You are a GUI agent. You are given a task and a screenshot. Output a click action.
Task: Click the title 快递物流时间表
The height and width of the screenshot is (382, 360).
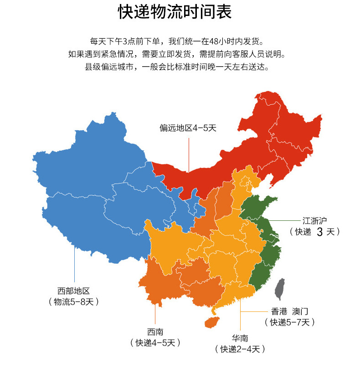click(175, 12)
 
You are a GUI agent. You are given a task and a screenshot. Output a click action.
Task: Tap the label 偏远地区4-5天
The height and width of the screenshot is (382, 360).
click(188, 128)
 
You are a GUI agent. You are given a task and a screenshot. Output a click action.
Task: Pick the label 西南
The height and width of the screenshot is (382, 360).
click(155, 331)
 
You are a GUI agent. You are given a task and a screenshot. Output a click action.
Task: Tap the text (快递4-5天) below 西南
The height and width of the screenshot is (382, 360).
click(155, 342)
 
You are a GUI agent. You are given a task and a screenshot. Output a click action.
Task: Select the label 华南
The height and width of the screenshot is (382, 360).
click(240, 338)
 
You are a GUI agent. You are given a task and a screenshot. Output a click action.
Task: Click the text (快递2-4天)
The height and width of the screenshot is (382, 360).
click(240, 349)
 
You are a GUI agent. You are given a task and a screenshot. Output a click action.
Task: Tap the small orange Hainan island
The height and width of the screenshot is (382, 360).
click(210, 321)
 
